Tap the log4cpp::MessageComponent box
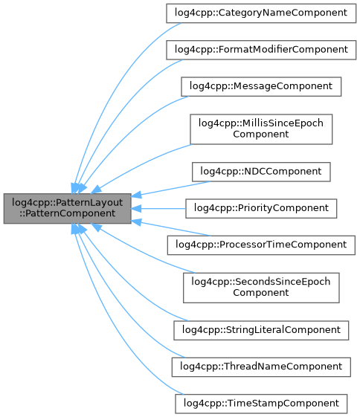pos(260,86)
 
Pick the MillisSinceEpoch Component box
pos(260,129)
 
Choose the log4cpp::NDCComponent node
pos(260,171)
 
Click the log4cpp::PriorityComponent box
pos(260,207)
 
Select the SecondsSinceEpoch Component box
pos(260,286)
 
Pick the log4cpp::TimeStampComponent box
pos(260,403)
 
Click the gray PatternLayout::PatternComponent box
pos(68,207)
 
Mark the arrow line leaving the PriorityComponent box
pos(160,207)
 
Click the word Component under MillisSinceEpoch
pos(260,135)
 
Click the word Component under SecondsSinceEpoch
pos(260,292)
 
